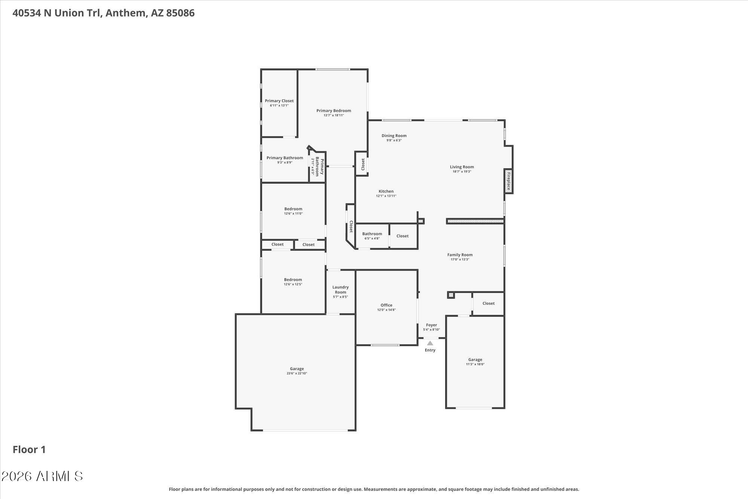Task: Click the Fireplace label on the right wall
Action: [509, 181]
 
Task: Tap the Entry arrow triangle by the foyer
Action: [430, 343]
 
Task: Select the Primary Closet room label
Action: [279, 101]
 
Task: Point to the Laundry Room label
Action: [340, 289]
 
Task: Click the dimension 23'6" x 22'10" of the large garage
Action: [297, 373]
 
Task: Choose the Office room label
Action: [386, 305]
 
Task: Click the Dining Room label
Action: [394, 136]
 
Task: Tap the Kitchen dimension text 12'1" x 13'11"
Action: [386, 196]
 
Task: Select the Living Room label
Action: [462, 167]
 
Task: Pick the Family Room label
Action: [460, 255]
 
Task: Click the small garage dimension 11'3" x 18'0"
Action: [475, 364]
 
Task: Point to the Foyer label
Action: [431, 325]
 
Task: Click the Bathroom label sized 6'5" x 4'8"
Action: [372, 234]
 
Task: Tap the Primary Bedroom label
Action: [334, 110]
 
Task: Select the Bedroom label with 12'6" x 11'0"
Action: [293, 209]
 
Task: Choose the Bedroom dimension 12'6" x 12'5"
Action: [293, 284]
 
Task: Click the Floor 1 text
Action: [29, 450]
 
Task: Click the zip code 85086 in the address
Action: [180, 13]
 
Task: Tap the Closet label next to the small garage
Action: [488, 303]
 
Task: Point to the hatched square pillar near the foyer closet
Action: [451, 295]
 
